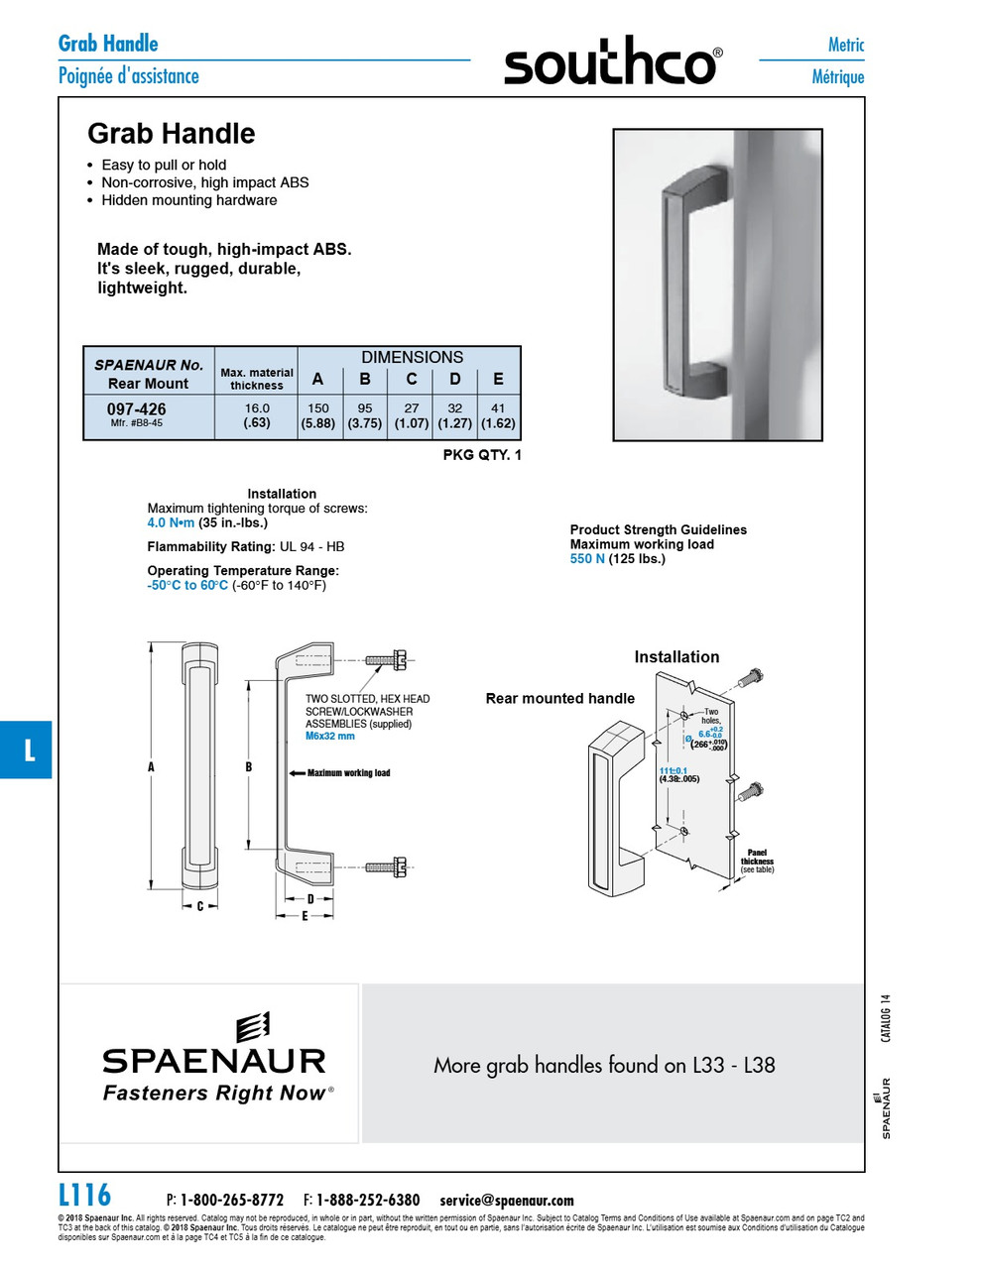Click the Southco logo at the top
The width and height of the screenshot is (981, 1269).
point(612,62)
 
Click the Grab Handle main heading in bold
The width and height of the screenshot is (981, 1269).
point(171,134)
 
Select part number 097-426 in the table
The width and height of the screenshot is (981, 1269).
point(137,409)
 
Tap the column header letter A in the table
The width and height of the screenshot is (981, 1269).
point(317,379)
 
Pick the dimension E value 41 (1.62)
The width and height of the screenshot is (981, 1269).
point(498,415)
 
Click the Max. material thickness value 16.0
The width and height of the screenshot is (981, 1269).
point(257,408)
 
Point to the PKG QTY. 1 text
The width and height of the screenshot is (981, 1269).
point(481,455)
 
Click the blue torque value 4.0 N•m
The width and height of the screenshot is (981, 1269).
point(171,522)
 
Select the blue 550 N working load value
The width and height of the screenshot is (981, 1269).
point(587,559)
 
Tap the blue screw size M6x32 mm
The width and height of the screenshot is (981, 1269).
point(329,737)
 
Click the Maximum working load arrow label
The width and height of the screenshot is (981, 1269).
point(348,773)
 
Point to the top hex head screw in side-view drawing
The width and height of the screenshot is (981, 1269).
point(386,660)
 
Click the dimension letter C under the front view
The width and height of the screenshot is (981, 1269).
point(199,905)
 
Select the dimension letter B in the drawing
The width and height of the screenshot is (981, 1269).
point(249,766)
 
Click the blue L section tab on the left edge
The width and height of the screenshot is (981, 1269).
point(27,750)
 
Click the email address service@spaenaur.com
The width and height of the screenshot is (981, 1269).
point(507,1201)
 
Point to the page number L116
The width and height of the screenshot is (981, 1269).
point(84,1196)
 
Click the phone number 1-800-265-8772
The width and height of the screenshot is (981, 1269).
point(232,1201)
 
